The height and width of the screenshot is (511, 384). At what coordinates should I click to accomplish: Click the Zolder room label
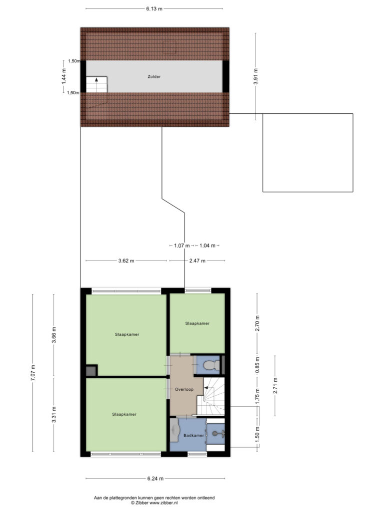(x=154, y=76)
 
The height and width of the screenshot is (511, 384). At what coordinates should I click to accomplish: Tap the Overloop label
(x=184, y=389)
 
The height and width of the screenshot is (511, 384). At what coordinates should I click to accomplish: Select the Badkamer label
(x=193, y=435)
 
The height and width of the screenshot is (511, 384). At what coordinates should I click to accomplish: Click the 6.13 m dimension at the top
(x=154, y=9)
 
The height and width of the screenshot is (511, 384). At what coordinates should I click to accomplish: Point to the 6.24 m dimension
(x=155, y=479)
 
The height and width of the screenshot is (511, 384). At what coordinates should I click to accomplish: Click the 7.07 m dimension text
(x=32, y=373)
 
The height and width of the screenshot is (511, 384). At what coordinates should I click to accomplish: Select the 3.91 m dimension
(x=255, y=76)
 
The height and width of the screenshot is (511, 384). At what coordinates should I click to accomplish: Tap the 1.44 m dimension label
(x=64, y=76)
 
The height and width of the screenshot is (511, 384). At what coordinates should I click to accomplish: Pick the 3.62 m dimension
(x=126, y=260)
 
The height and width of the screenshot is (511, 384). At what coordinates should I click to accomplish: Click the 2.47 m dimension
(x=197, y=260)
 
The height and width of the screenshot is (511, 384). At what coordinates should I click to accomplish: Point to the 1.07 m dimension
(x=181, y=246)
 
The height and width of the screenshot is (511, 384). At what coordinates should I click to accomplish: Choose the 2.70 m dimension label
(x=257, y=323)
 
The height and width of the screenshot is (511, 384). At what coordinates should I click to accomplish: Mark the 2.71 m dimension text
(x=275, y=386)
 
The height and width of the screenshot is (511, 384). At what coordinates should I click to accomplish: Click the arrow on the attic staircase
(x=96, y=79)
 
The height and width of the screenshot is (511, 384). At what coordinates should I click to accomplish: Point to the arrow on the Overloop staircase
(x=206, y=387)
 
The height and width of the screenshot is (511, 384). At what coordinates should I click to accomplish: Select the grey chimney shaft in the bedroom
(x=91, y=371)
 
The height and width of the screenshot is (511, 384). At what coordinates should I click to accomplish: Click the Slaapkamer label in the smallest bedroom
(x=197, y=323)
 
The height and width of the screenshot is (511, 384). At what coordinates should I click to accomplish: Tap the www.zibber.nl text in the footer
(x=163, y=503)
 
